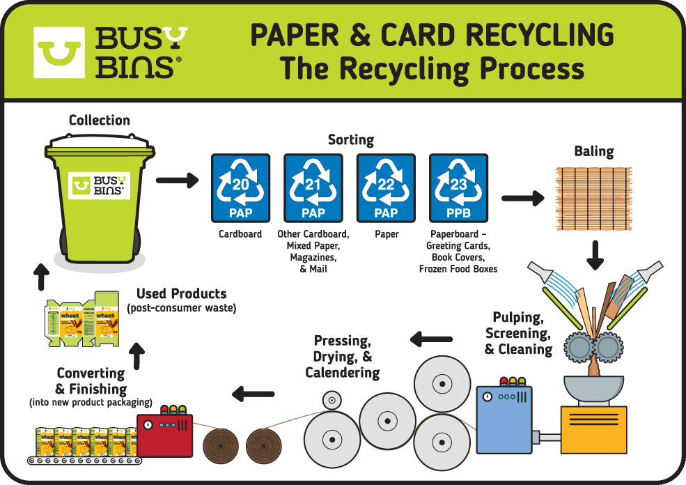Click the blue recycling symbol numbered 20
[x=240, y=188]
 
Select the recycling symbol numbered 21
[x=313, y=188]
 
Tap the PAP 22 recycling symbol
[x=386, y=188]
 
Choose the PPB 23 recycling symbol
[x=458, y=188]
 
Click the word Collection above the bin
[x=99, y=121]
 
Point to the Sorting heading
[x=351, y=140]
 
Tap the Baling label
[x=594, y=151]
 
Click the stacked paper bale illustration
[x=593, y=199]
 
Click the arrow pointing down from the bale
[x=595, y=255]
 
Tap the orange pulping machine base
[x=594, y=429]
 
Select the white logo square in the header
[x=59, y=52]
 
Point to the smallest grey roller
[x=332, y=400]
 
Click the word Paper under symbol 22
[x=387, y=234]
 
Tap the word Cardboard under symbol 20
[x=240, y=234]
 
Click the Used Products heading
[x=181, y=293]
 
